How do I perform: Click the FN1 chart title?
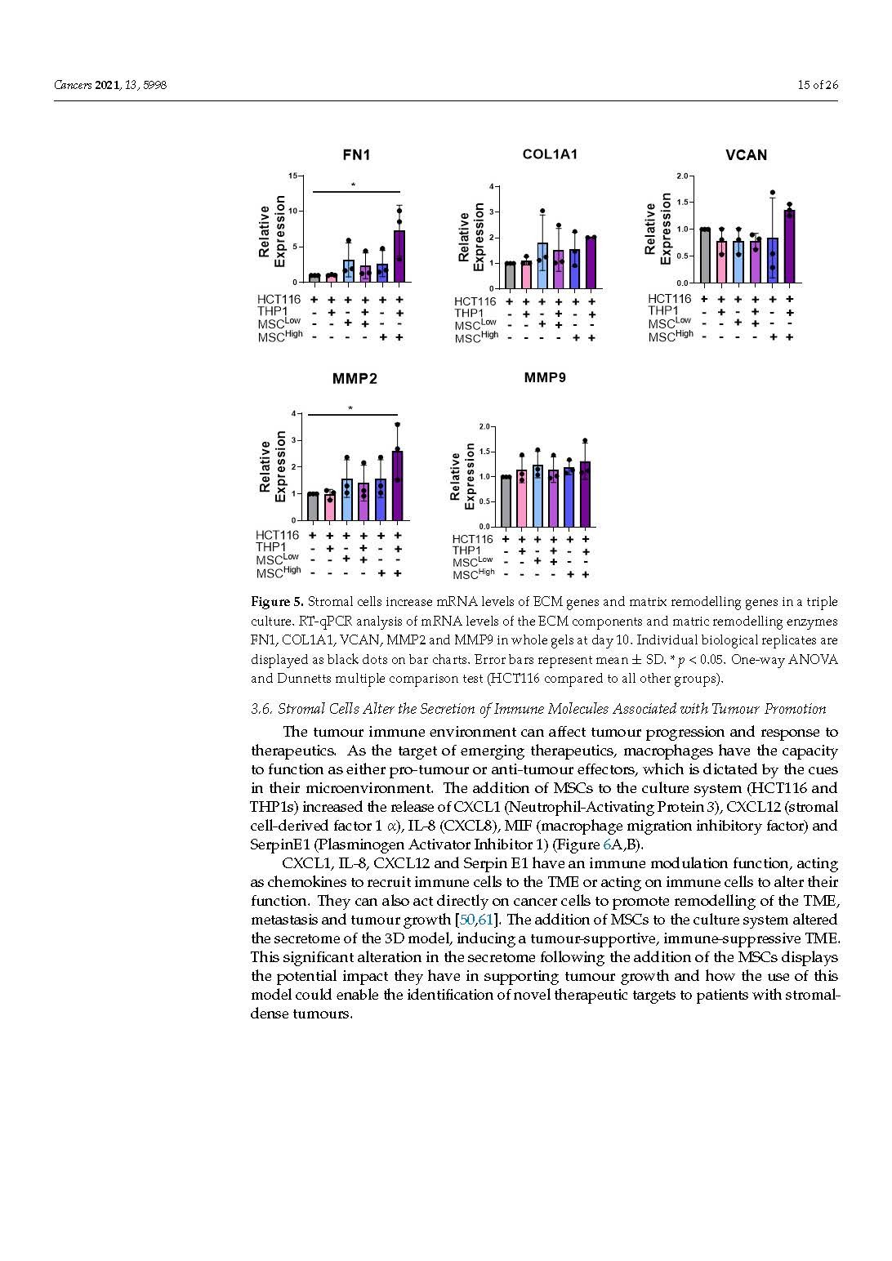[x=355, y=155]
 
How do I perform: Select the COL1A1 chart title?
[x=550, y=154]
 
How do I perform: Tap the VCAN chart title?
[x=746, y=155]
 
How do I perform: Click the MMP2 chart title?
[x=355, y=379]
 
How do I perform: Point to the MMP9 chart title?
[x=545, y=377]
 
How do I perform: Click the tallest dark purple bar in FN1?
[x=399, y=256]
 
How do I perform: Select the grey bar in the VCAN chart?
[x=704, y=256]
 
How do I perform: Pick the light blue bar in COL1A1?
[x=542, y=266]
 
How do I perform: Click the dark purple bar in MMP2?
[x=398, y=486]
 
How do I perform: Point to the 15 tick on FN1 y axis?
[x=293, y=176]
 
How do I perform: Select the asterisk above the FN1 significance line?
[x=353, y=185]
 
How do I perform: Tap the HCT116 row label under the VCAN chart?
[x=669, y=299]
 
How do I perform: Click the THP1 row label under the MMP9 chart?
[x=467, y=550]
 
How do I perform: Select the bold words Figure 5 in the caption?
[x=276, y=602]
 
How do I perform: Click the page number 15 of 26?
[x=818, y=85]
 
